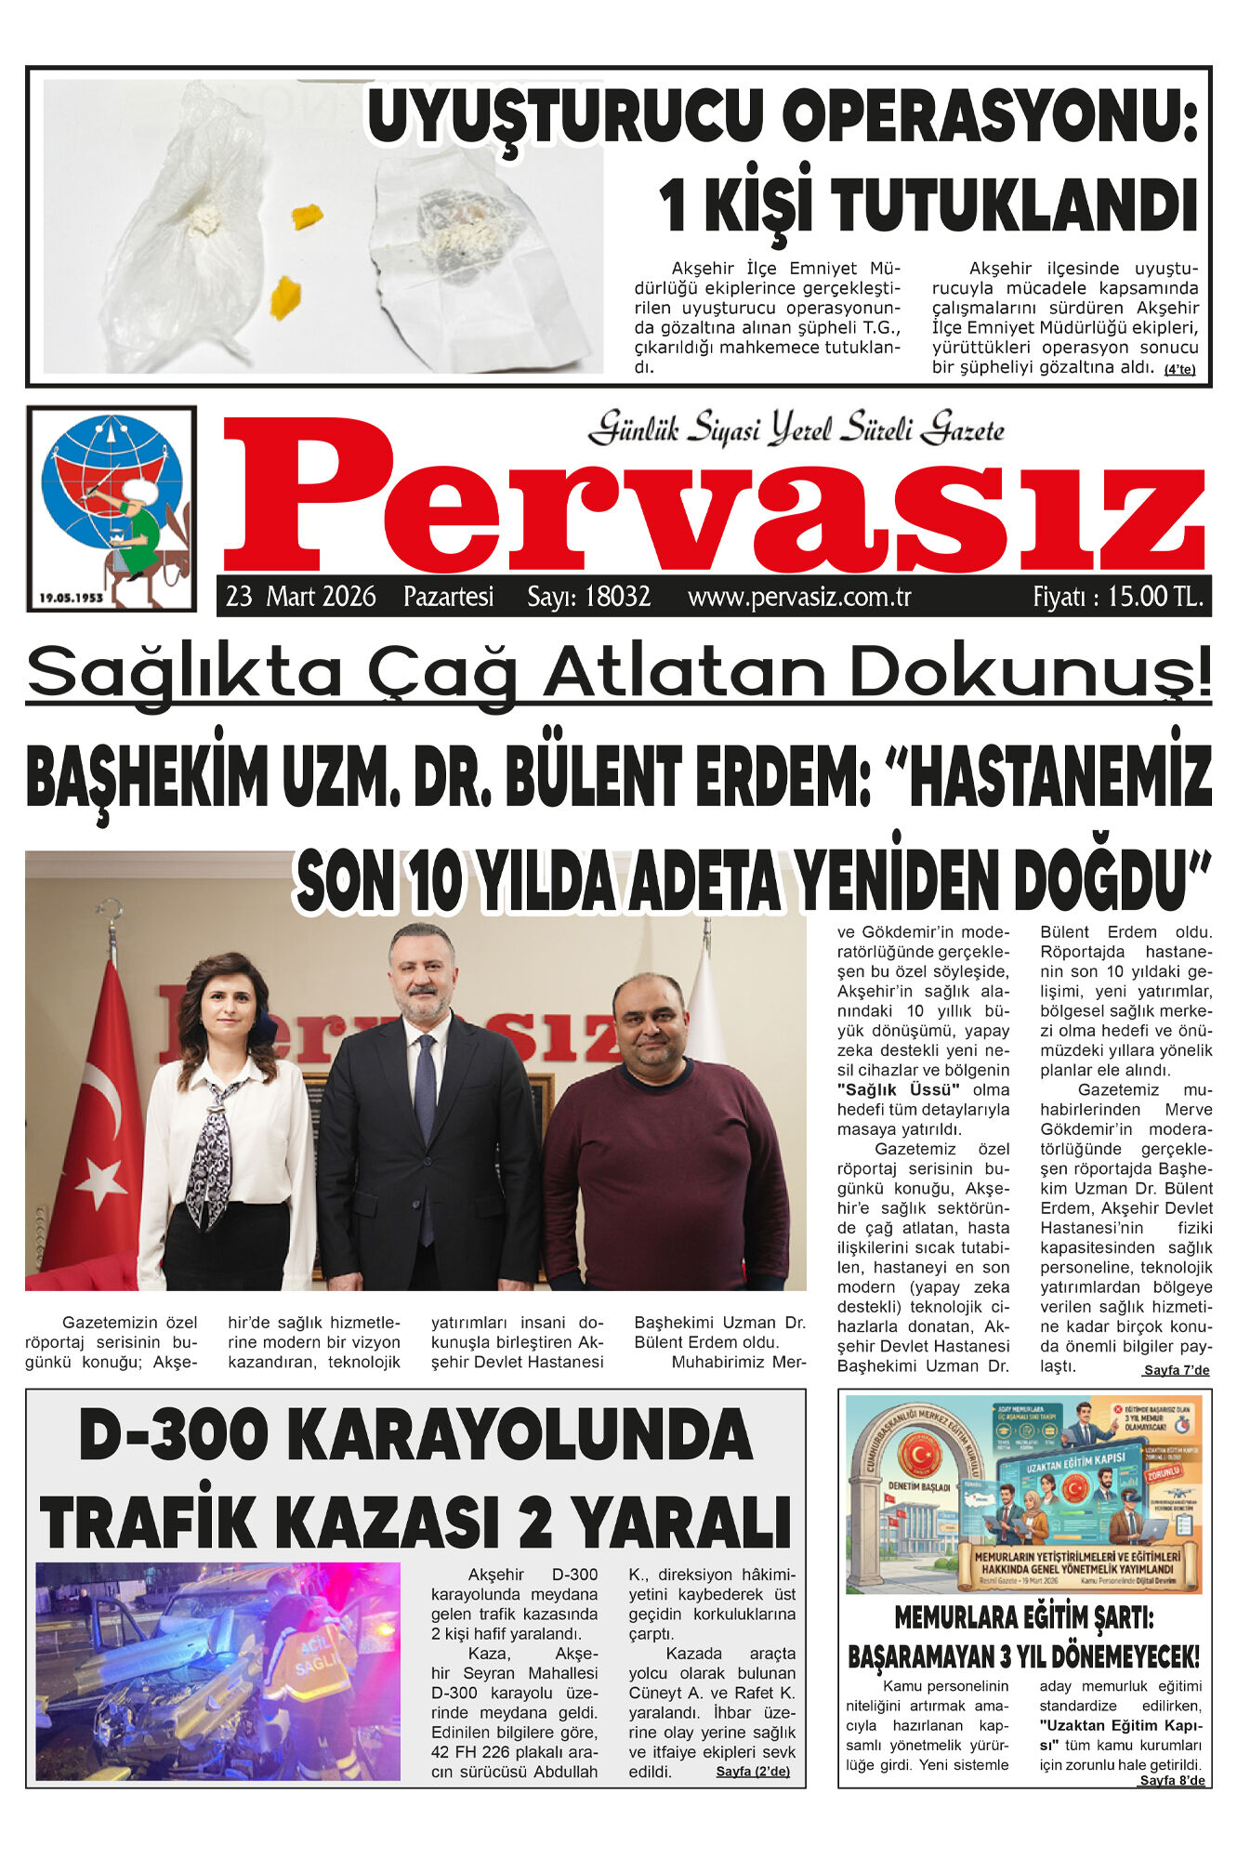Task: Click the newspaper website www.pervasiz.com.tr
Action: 799,597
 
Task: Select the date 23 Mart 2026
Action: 301,597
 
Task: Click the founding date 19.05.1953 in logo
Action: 72,598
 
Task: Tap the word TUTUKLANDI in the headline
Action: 1013,206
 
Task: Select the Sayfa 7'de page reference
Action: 1176,1371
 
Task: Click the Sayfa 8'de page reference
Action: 1172,1781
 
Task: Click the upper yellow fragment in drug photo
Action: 307,217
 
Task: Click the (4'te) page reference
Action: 1179,370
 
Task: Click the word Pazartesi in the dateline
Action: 448,597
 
